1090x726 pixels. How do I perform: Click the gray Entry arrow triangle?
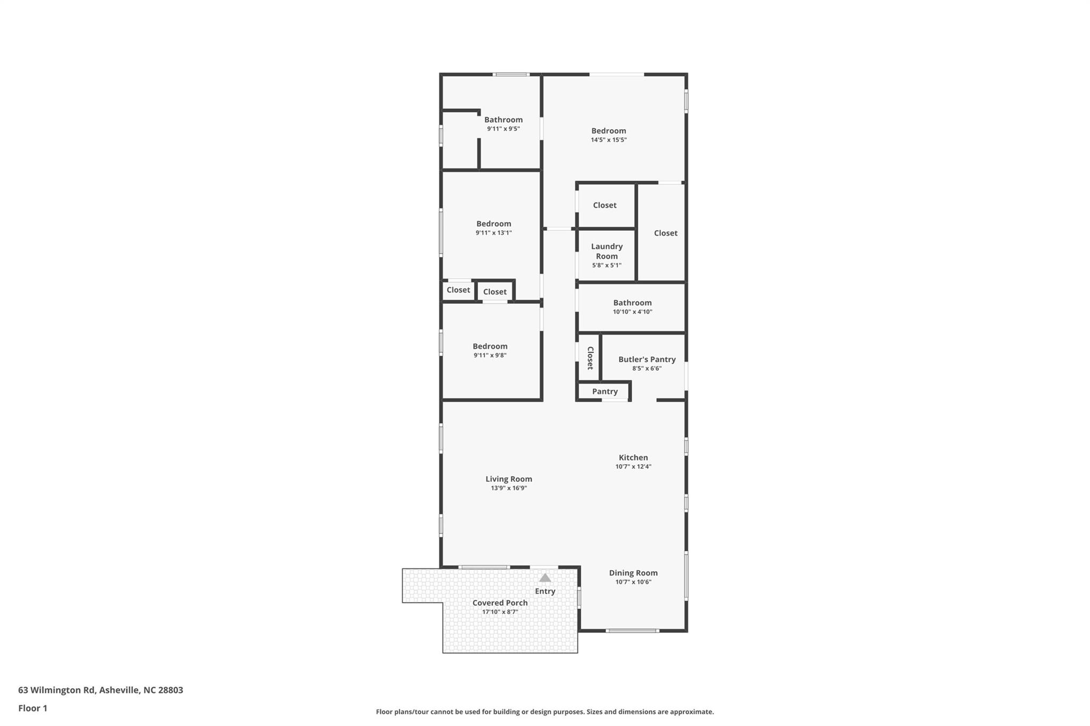click(x=545, y=578)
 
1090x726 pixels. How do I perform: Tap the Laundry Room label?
click(x=607, y=251)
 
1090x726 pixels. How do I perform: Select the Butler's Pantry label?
click(x=647, y=359)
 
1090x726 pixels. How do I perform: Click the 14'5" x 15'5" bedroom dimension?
click(x=609, y=140)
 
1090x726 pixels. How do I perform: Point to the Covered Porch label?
click(x=500, y=603)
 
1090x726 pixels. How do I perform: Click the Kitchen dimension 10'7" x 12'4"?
click(x=633, y=466)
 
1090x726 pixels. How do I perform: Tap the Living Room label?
click(x=509, y=479)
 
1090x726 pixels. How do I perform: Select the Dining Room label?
click(x=633, y=573)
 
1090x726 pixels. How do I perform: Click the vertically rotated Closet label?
click(x=590, y=358)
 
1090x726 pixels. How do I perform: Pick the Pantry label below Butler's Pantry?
click(x=605, y=391)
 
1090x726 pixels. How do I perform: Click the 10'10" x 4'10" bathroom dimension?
click(x=632, y=312)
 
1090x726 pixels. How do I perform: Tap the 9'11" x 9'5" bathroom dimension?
click(x=503, y=129)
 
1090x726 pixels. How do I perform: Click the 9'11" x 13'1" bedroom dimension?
click(x=494, y=232)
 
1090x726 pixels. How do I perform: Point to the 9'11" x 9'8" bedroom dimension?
click(x=490, y=355)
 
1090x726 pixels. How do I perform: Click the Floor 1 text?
click(x=33, y=708)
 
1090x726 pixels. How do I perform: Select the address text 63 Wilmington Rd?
click(x=57, y=690)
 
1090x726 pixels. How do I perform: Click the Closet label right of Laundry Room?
click(x=666, y=233)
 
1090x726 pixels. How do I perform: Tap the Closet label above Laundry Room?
click(x=605, y=205)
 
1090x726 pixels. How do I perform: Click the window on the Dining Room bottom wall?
click(x=632, y=631)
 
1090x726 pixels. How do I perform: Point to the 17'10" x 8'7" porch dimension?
click(x=500, y=612)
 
